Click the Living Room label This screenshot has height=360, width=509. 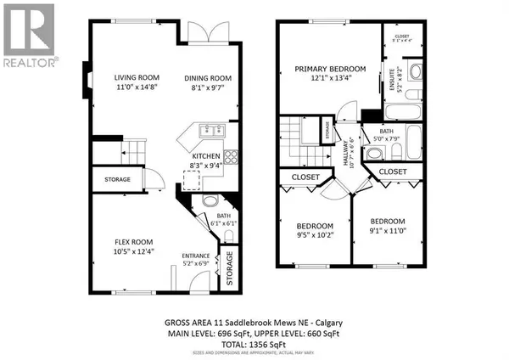point(137,77)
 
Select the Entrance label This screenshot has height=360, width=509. point(196,254)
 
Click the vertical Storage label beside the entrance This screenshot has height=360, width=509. point(227,268)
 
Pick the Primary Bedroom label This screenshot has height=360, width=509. point(330,69)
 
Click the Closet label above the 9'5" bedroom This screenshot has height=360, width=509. point(305,177)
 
